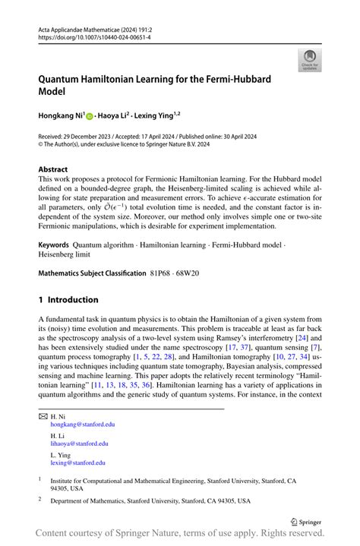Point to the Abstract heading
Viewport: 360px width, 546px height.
pos(53,169)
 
